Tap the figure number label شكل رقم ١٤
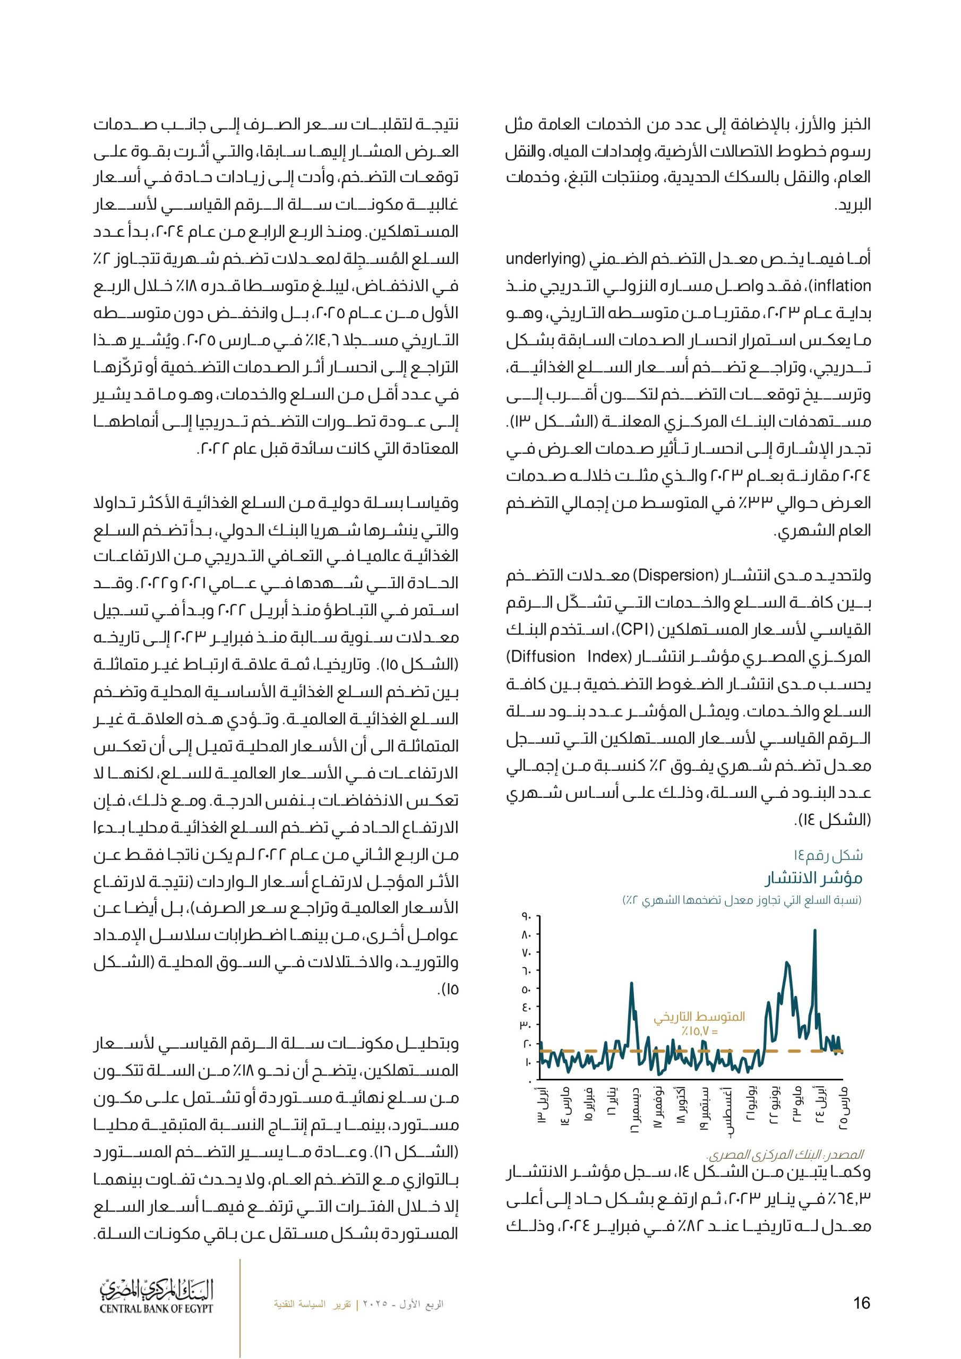click(828, 855)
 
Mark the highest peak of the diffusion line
click(815, 931)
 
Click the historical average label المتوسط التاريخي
click(699, 1017)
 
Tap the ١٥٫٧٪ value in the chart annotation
click(699, 1031)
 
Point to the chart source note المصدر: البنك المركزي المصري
click(785, 1155)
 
